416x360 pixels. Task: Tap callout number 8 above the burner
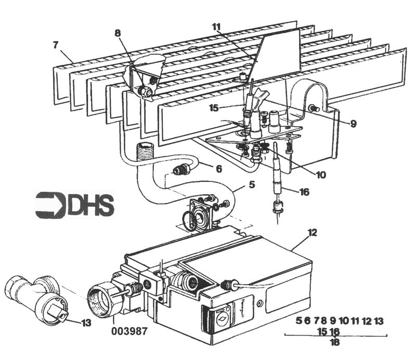[x=118, y=32]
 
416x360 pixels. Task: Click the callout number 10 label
[x=320, y=175]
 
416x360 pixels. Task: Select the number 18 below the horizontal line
[x=334, y=342]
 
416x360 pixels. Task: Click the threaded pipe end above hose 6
[x=142, y=149]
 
